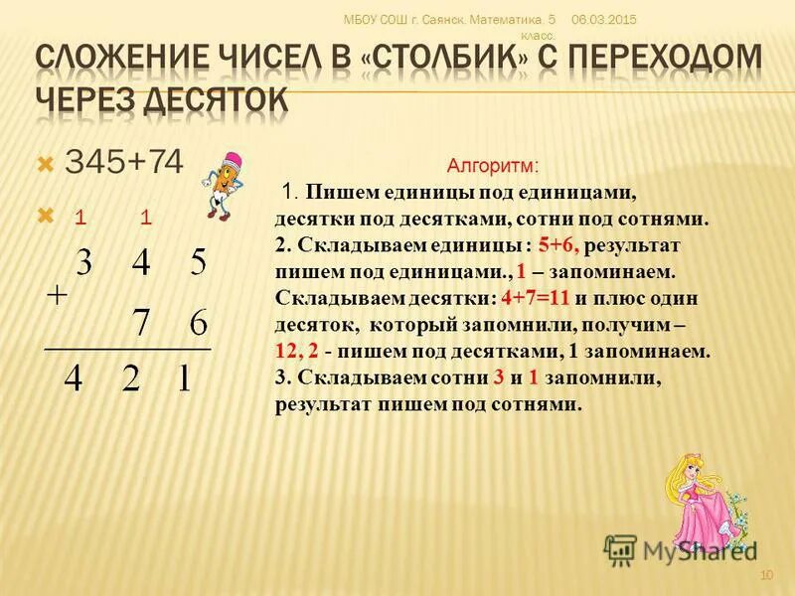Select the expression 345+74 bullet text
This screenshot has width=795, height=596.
[x=124, y=163]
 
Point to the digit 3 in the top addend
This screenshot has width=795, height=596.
[x=84, y=263]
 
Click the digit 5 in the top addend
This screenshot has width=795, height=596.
[x=198, y=263]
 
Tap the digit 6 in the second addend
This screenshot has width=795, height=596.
[x=198, y=325]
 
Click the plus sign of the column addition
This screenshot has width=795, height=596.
[x=58, y=295]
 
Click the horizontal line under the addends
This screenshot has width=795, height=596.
[x=127, y=349]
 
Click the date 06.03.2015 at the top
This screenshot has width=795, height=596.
[x=604, y=20]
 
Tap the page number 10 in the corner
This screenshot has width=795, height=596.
[x=765, y=576]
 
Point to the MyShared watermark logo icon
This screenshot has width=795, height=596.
[x=620, y=549]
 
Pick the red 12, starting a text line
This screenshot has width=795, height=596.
[x=287, y=350]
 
